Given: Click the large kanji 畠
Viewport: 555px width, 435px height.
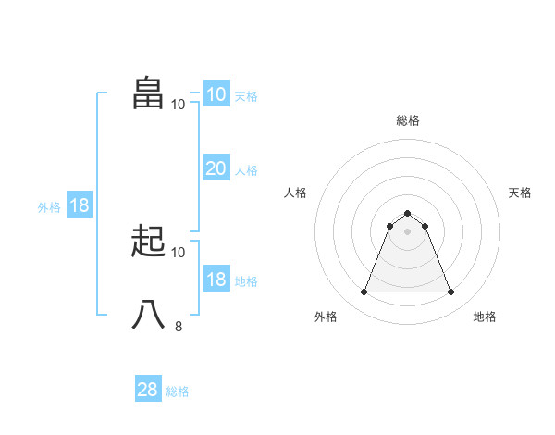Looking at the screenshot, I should pyautogui.click(x=149, y=93).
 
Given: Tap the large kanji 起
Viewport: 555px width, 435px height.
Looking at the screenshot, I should pyautogui.click(x=149, y=242).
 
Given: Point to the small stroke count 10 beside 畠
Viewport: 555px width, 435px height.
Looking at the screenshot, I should pyautogui.click(x=179, y=104).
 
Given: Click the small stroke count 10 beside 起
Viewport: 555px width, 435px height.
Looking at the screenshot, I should pyautogui.click(x=179, y=252).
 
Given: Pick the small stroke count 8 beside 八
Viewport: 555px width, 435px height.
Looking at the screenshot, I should pyautogui.click(x=179, y=326).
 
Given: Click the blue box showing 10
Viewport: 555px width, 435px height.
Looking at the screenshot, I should pyautogui.click(x=216, y=94).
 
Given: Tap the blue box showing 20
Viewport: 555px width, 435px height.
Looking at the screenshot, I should pyautogui.click(x=216, y=168).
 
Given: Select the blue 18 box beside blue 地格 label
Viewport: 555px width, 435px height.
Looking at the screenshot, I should pyautogui.click(x=216, y=280).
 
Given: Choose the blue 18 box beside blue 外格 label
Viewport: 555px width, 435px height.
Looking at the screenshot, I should pyautogui.click(x=80, y=205).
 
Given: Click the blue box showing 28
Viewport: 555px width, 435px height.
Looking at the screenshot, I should pyautogui.click(x=147, y=390).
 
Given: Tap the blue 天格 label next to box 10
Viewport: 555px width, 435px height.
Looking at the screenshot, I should pyautogui.click(x=245, y=96).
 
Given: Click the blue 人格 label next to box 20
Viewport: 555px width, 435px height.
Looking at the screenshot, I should pyautogui.click(x=245, y=170).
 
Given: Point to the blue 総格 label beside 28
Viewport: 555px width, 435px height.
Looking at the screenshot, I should pyautogui.click(x=178, y=391).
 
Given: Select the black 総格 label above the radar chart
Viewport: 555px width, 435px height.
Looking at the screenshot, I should pyautogui.click(x=407, y=120).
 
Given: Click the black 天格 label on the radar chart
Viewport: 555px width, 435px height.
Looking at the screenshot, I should pyautogui.click(x=520, y=193).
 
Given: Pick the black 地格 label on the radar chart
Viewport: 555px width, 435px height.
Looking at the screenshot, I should pyautogui.click(x=485, y=317).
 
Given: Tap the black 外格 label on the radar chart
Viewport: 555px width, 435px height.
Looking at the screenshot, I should pyautogui.click(x=326, y=317).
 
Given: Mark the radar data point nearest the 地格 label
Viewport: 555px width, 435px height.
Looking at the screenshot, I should pyautogui.click(x=450, y=292).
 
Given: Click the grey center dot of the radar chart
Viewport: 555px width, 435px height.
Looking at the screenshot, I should pyautogui.click(x=407, y=231).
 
